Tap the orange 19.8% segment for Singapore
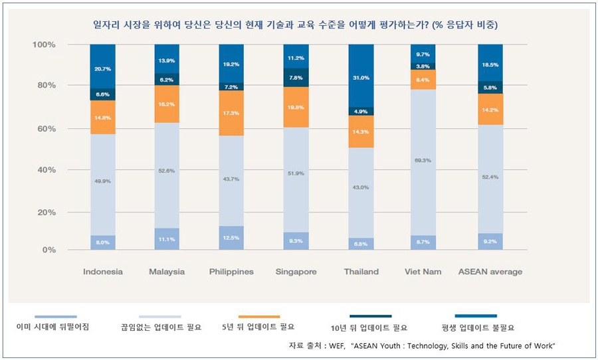coord(296,107)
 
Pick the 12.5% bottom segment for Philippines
coord(231,238)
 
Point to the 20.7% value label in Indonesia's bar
coord(102,69)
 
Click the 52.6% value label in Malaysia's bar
coord(167,171)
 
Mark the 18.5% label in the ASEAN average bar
coord(490,64)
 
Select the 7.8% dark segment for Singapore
coord(296,77)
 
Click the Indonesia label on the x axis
coord(102,272)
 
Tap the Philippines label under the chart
coord(231,272)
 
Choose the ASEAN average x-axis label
coord(490,272)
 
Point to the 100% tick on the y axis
coord(44,45)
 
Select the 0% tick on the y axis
coord(49,250)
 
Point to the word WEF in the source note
coord(320,346)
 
